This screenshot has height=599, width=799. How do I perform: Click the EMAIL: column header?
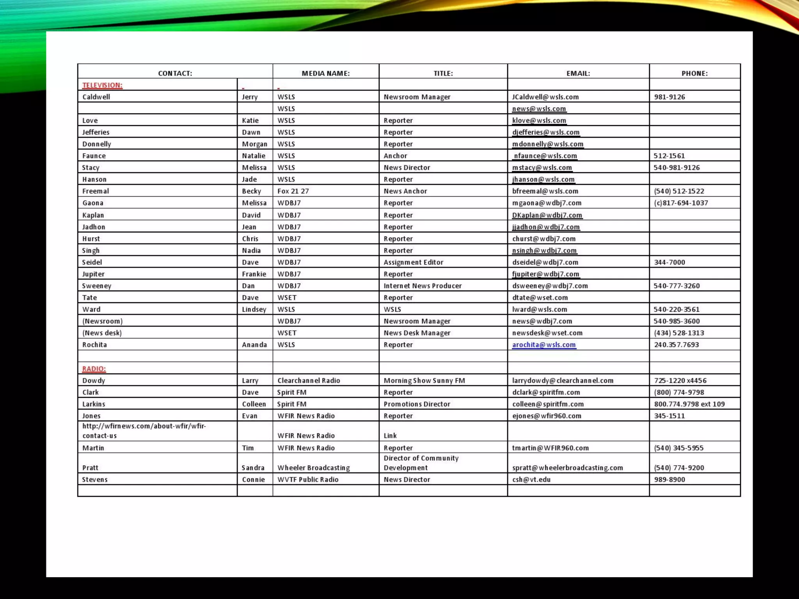578,73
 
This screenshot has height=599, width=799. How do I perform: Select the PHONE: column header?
694,73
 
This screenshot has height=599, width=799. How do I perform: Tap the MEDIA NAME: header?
325,73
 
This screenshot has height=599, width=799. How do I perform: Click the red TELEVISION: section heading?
102,85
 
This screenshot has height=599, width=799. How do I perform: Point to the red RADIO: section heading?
94,369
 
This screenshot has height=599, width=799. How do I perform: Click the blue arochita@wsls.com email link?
544,345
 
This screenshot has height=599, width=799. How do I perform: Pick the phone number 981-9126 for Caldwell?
669,97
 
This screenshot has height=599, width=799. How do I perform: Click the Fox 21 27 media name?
293,191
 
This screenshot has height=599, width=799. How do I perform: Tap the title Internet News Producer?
423,286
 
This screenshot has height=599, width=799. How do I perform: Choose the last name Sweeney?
97,286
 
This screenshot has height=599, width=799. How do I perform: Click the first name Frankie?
254,274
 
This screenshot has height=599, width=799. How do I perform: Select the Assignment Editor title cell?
413,262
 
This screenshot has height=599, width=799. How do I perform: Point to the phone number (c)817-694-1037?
681,203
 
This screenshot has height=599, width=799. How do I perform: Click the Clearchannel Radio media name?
309,381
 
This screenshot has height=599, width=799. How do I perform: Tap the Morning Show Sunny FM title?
424,381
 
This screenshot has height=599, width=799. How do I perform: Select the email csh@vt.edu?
531,480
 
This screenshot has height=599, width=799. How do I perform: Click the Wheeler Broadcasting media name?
313,468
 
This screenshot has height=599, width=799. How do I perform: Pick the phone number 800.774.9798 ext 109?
689,404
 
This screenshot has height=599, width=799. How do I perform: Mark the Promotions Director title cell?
417,404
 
